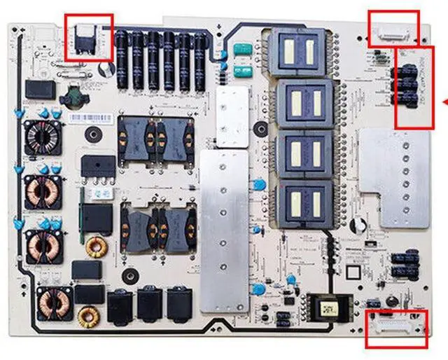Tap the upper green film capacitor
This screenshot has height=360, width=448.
tap(242, 50)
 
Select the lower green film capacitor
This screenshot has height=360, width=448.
tap(242, 70)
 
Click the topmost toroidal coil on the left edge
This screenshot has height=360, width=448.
tap(42, 136)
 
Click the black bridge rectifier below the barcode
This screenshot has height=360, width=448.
tap(98, 166)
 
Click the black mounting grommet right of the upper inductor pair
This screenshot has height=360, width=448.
tap(260, 128)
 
